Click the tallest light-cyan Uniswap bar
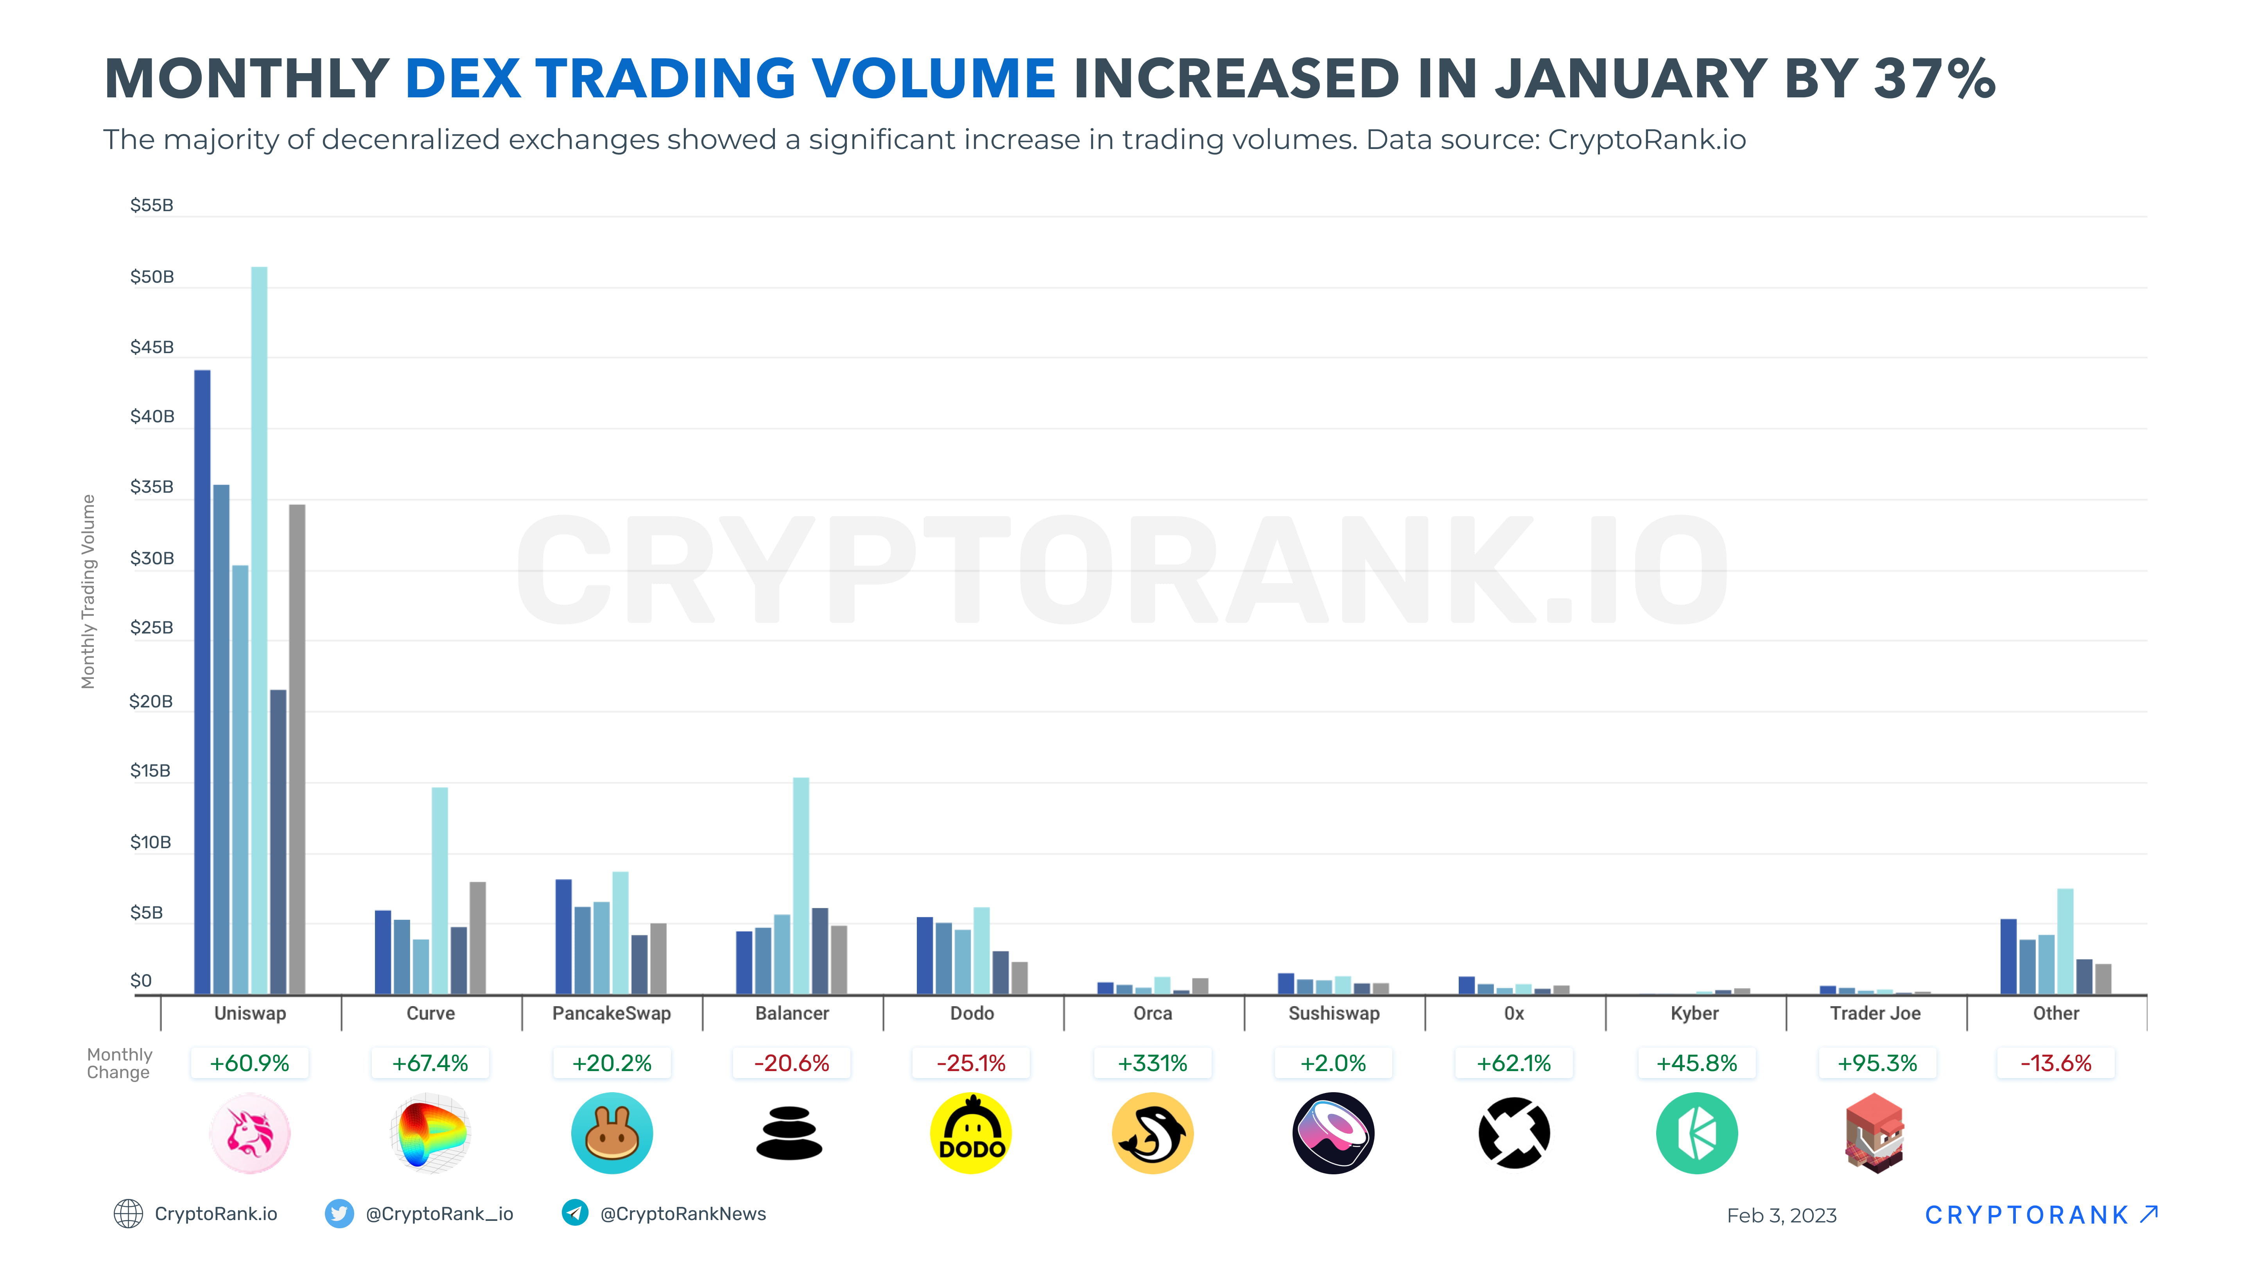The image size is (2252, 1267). [259, 630]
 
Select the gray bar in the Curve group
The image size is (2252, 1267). [477, 937]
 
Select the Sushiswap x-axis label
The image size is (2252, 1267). [1333, 1014]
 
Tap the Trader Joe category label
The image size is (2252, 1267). [1875, 1014]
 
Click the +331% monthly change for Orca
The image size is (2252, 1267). [1152, 1063]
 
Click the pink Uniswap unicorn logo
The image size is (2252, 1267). [250, 1133]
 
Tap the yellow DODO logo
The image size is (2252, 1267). [971, 1133]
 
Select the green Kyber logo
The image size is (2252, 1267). [1696, 1133]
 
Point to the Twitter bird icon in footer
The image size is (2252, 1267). [339, 1214]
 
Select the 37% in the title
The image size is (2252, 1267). [1934, 79]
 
